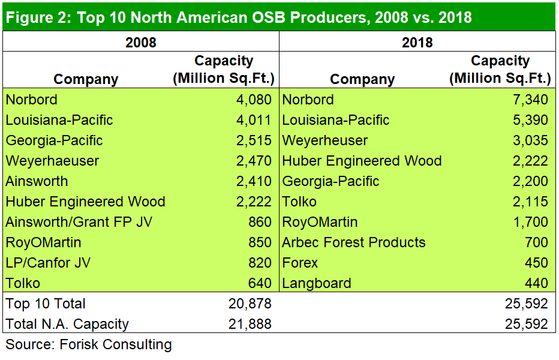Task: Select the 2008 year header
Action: coord(141,42)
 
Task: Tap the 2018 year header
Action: coord(417,42)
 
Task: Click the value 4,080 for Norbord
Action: coord(251,100)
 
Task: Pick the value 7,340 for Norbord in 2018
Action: coord(527,100)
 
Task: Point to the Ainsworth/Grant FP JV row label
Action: coord(79,222)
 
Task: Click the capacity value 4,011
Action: coord(251,120)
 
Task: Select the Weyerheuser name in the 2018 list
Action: coord(325,140)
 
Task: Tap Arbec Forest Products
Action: coord(354,242)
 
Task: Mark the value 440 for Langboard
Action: coord(534,283)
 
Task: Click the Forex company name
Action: coord(300,263)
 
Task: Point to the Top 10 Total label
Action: coord(46,304)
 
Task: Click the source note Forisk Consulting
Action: coord(89,344)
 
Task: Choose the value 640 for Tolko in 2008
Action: coord(259,283)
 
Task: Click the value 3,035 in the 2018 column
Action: coord(527,140)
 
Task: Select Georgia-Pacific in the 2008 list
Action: coord(54,140)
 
